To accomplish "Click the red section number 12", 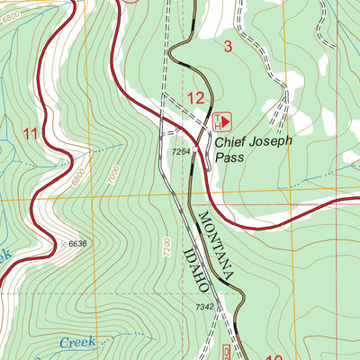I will click(195, 98).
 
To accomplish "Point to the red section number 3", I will click(228, 47).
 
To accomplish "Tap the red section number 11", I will click(31, 134).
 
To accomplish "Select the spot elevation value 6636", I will click(79, 243).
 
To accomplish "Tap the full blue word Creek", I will click(78, 343).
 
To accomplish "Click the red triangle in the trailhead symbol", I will click(226, 119).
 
